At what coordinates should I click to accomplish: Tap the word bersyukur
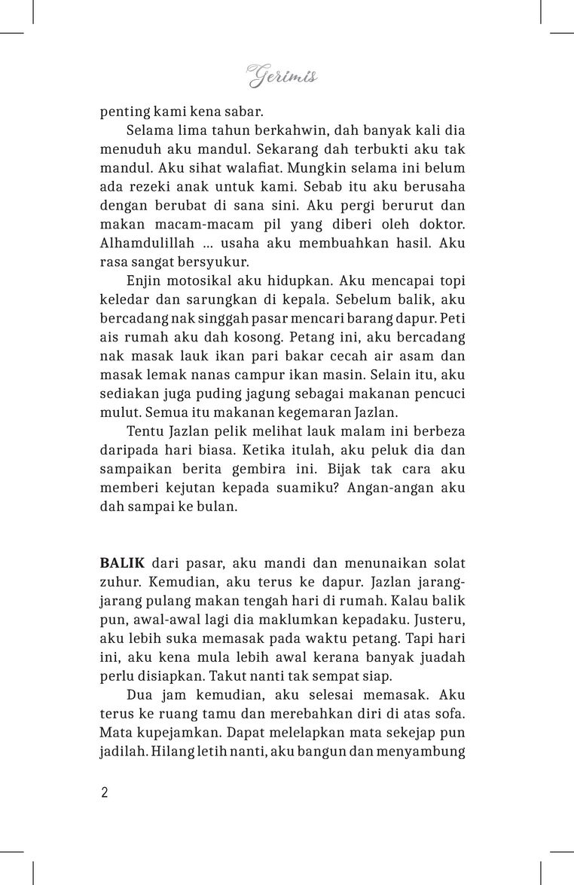(213, 262)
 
